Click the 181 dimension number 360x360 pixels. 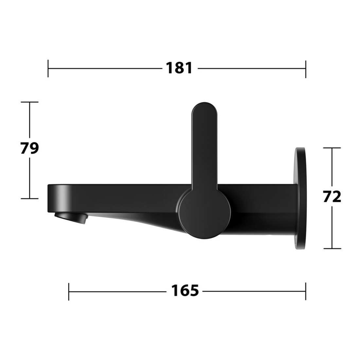coord(179,68)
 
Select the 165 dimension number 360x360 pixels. coord(185,291)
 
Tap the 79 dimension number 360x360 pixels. coord(29,148)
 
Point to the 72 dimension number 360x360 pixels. coord(332,197)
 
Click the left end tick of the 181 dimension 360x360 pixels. coord(48,68)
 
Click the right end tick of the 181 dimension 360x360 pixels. coord(306,69)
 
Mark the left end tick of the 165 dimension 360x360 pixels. coord(69,292)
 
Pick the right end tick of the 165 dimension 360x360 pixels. coord(306,291)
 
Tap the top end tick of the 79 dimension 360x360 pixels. coord(29,102)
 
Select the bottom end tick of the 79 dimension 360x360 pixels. coord(29,198)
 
